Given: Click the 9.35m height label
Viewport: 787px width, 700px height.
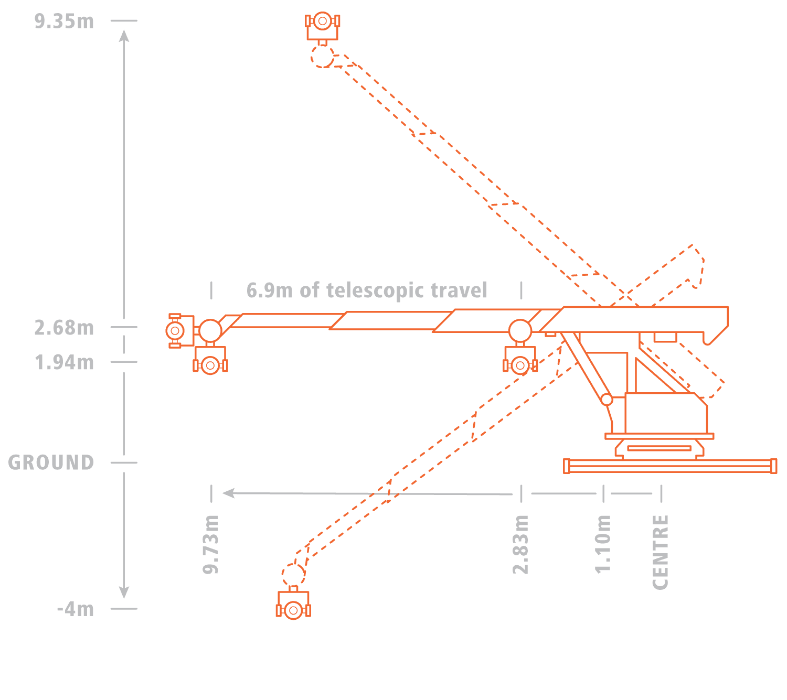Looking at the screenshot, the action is coord(64,21).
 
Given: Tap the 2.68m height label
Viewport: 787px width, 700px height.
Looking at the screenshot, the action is coord(64,328).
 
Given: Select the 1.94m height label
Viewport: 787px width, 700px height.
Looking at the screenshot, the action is coord(64,362).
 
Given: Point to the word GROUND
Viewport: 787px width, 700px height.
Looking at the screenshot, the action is coord(51,462).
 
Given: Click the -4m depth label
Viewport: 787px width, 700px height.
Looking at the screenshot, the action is coord(76,609).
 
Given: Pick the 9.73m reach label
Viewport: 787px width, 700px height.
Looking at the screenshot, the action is coord(211,544).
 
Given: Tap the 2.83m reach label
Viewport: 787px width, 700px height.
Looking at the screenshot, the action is coord(520,544).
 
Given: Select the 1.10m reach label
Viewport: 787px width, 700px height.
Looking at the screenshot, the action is coord(602,544).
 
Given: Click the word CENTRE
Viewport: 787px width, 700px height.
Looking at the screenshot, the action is coord(661,553).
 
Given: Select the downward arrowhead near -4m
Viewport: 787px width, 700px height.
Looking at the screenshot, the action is coord(124,593).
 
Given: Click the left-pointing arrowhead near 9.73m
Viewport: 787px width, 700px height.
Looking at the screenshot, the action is coord(228,493).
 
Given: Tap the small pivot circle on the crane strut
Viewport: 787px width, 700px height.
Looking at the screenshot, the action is coord(607,399).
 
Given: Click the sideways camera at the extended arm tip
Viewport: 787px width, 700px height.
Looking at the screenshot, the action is coord(181,331).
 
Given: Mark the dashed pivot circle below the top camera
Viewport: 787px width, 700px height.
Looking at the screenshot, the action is coord(323,56).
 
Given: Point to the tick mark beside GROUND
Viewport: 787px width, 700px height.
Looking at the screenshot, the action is coord(124,462).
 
